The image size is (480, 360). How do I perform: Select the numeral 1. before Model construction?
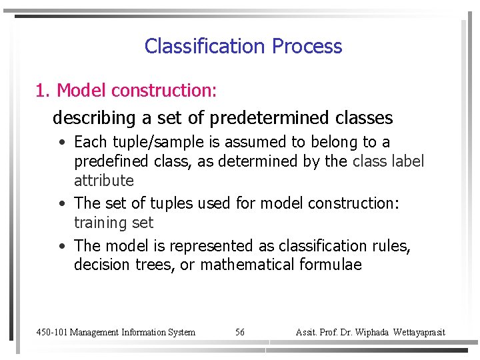coord(43,90)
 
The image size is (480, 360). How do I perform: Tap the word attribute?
coord(104,181)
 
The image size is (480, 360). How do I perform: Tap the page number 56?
coord(240,332)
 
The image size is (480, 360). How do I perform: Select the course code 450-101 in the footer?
coord(51,332)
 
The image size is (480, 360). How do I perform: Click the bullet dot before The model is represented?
coord(61,247)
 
